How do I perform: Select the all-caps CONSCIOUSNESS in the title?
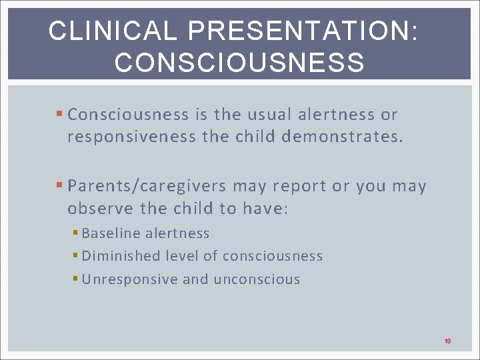[x=239, y=63]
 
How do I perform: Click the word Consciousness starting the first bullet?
[x=128, y=115]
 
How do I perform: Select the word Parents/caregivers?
[x=147, y=187]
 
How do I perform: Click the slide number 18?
[x=447, y=341]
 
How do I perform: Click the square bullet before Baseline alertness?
[x=76, y=233]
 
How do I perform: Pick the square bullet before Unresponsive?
[x=76, y=279]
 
